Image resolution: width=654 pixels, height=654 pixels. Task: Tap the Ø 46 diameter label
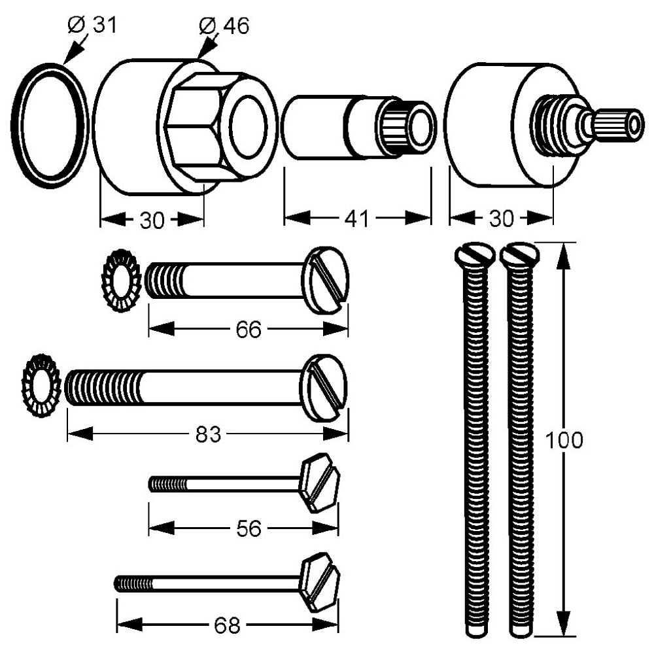224,26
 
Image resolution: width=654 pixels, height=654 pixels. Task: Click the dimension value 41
357,218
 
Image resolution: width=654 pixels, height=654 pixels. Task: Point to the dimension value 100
564,440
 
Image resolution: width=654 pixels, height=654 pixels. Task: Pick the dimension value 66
249,330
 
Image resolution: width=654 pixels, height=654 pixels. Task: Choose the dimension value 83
208,434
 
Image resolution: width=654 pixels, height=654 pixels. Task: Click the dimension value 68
227,626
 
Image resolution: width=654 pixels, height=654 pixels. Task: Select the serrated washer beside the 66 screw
121,280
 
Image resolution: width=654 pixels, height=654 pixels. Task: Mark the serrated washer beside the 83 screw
41,386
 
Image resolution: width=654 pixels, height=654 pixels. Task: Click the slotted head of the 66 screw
326,280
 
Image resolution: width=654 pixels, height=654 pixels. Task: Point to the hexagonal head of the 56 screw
318,483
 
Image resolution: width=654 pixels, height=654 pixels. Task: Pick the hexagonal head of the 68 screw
319,582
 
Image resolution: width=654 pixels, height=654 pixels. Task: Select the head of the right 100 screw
520,254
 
